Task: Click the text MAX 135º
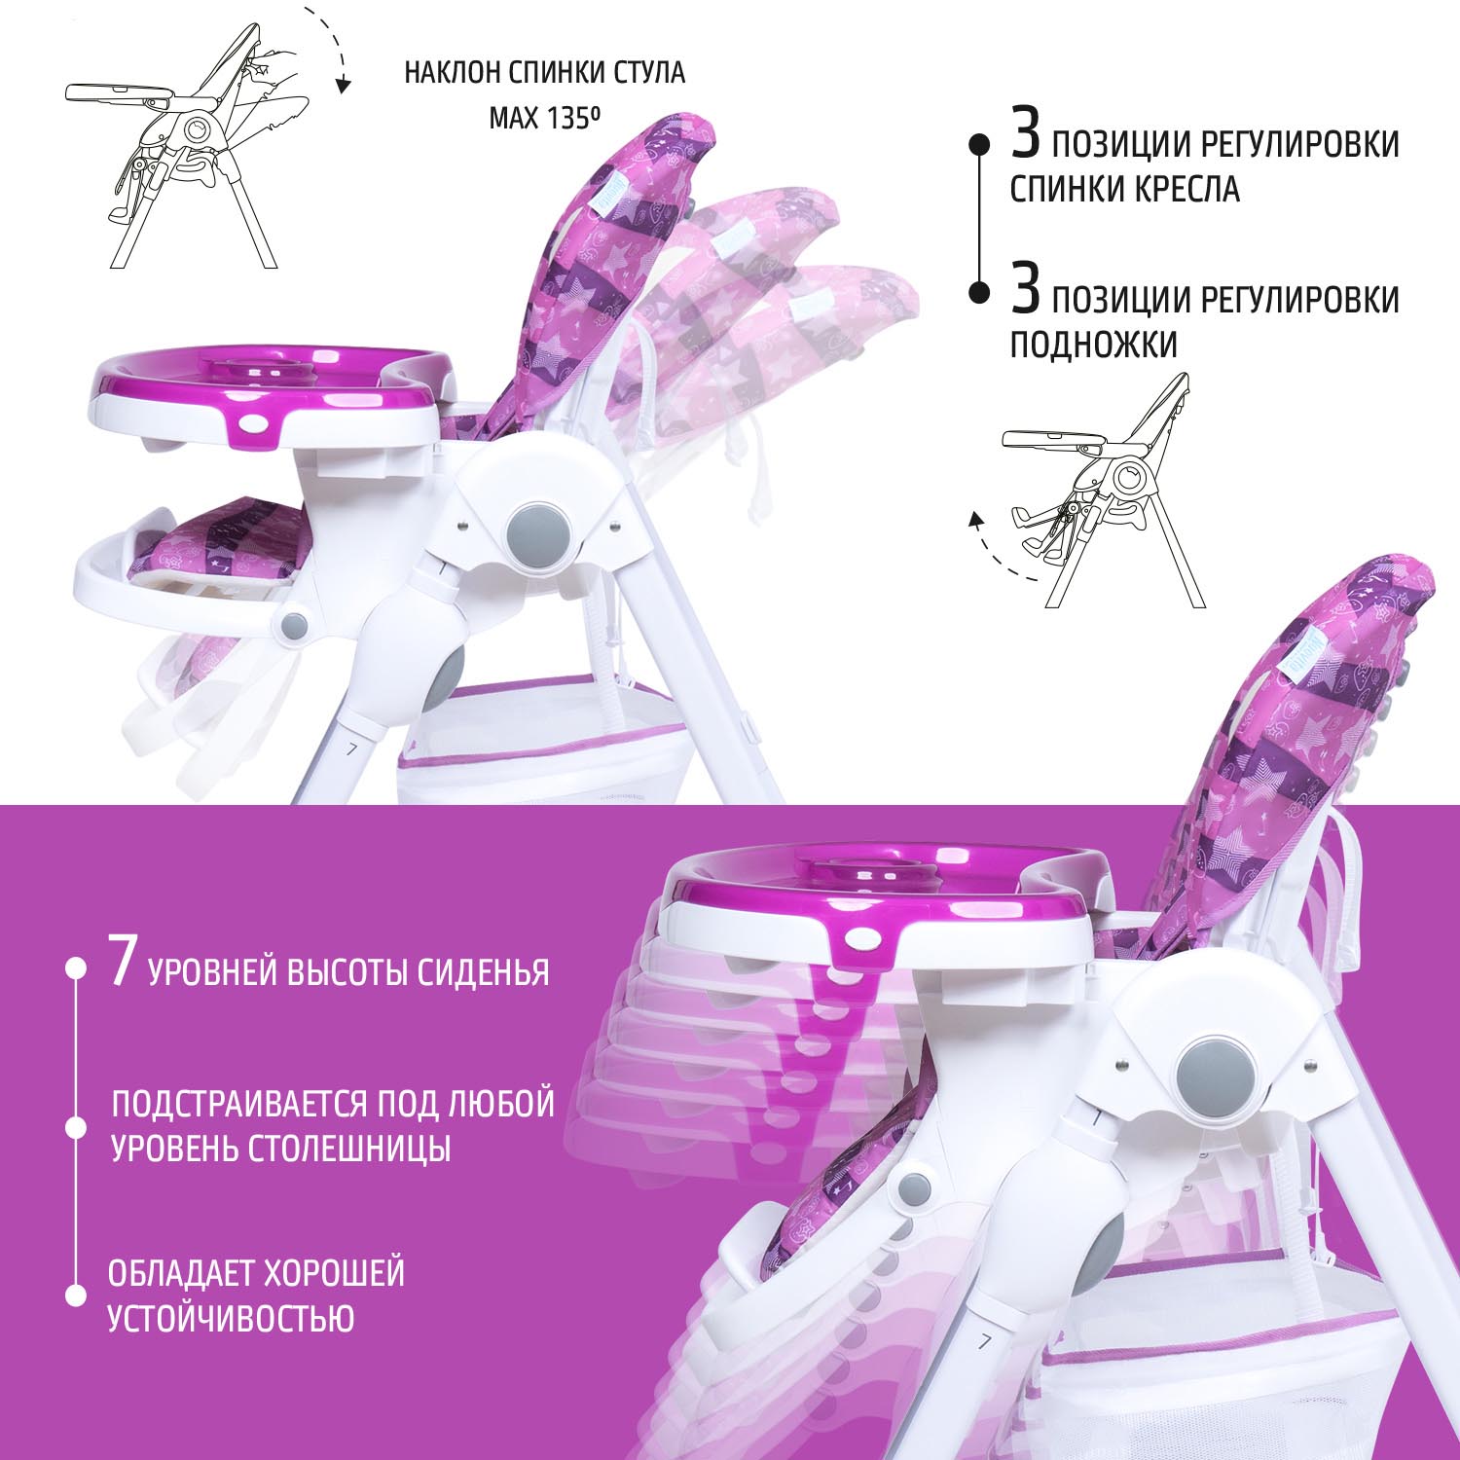(x=544, y=119)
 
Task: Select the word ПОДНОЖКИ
(x=1093, y=345)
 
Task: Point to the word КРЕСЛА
(x=1182, y=189)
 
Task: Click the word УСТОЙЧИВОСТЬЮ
(x=231, y=1319)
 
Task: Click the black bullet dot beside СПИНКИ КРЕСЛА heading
(x=979, y=144)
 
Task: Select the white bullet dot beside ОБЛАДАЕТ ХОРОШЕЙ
(x=75, y=1296)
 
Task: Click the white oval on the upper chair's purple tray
(x=258, y=424)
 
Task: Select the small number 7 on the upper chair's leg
(x=353, y=750)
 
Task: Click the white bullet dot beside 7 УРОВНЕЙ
(x=75, y=969)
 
